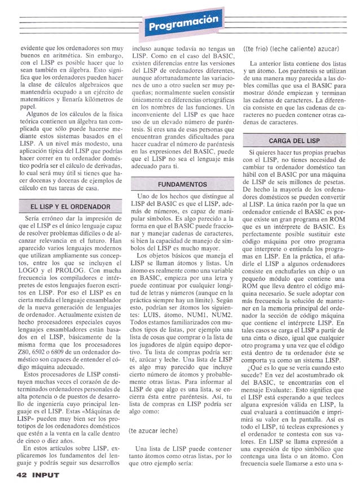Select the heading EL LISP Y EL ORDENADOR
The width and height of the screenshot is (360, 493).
70,207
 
